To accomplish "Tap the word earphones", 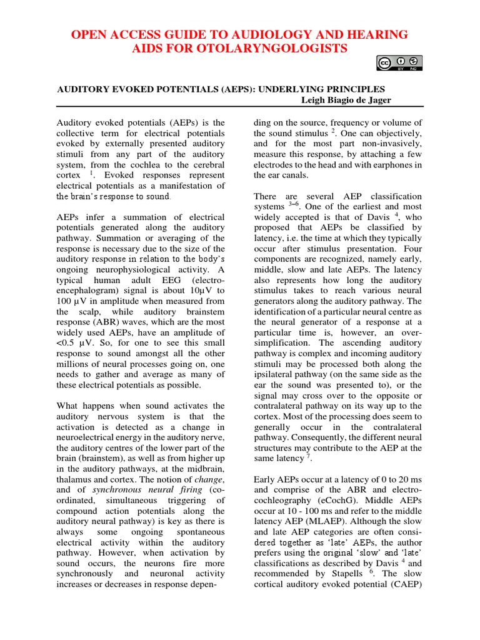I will [x=387, y=165].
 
